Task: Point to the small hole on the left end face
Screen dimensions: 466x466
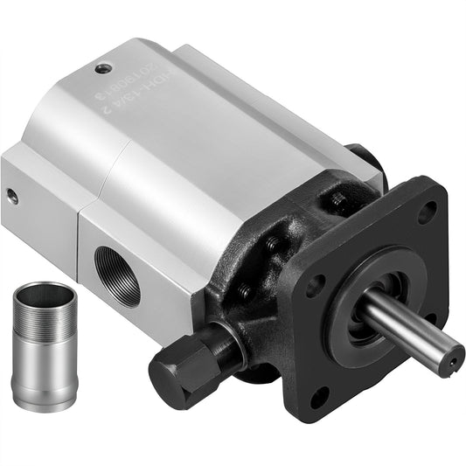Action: click(12, 197)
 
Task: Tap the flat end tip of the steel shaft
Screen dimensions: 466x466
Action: click(454, 354)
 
